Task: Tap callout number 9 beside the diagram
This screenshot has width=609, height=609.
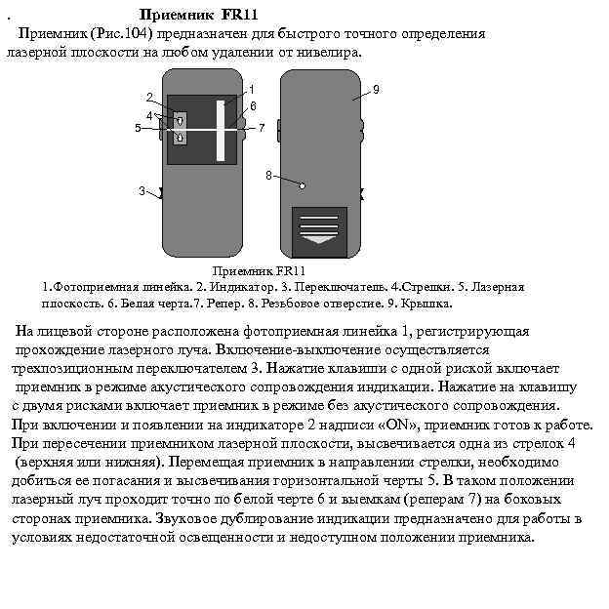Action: click(x=376, y=90)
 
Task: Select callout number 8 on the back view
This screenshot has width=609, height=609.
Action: click(x=268, y=176)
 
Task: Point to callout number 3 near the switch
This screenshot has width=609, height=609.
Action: click(x=142, y=190)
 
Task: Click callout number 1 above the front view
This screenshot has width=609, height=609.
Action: click(x=252, y=91)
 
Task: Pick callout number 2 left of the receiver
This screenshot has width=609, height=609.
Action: click(x=149, y=98)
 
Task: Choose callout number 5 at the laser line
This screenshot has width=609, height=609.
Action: click(x=138, y=128)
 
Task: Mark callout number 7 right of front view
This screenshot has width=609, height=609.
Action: click(x=262, y=128)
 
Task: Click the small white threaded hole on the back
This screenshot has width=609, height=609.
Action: click(x=304, y=184)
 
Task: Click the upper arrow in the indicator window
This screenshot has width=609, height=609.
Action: click(x=180, y=120)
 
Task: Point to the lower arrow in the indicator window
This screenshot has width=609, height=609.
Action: click(x=180, y=138)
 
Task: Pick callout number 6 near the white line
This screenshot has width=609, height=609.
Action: click(x=253, y=105)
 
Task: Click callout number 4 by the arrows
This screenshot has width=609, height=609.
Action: click(x=147, y=113)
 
